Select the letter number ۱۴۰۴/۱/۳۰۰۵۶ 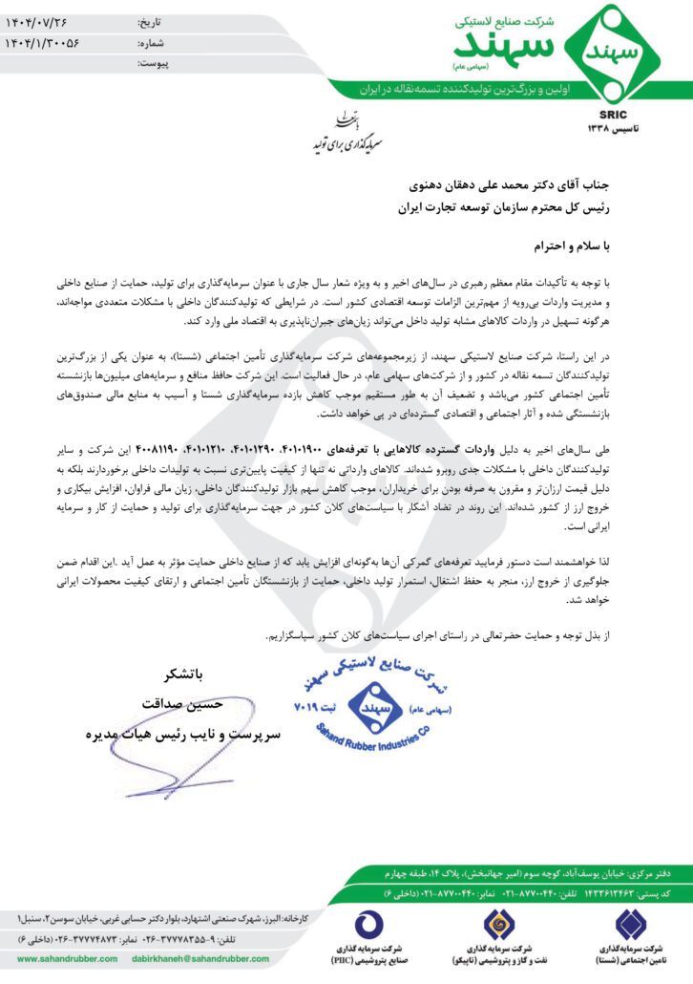tap(54, 42)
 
